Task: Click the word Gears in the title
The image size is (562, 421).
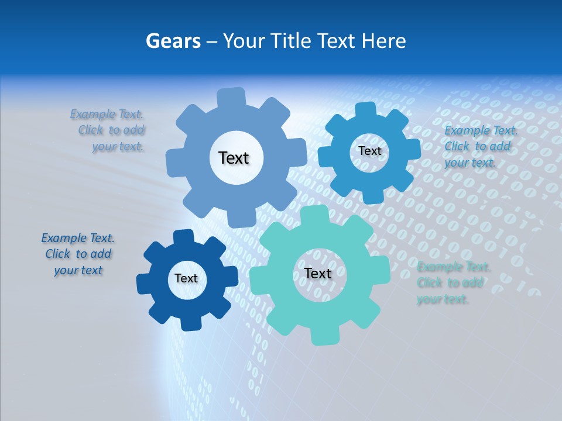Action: click(173, 41)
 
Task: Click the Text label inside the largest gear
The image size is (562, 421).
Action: click(234, 158)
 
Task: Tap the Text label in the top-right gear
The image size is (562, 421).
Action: click(369, 151)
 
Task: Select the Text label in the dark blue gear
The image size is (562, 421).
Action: click(186, 278)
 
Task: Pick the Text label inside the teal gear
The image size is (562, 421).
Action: click(318, 273)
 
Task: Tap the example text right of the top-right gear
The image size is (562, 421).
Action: click(480, 146)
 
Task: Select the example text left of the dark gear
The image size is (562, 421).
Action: click(78, 254)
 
